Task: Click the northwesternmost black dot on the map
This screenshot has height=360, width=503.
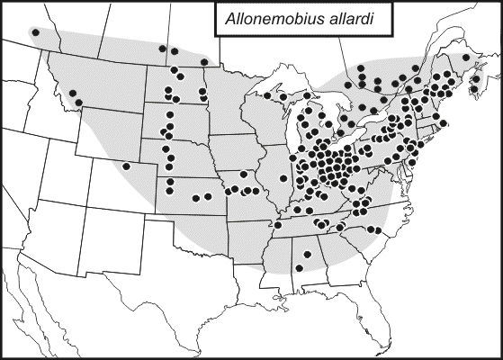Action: tap(35, 32)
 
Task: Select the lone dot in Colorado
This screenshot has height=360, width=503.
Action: tap(127, 166)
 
